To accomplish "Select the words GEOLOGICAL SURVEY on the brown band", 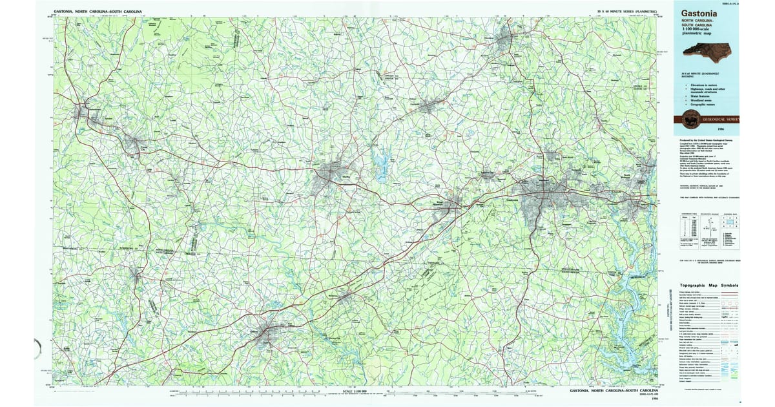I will pyautogui.click(x=723, y=120).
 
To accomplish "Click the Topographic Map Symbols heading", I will pyautogui.click(x=708, y=285).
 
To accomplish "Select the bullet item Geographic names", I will pyautogui.click(x=702, y=105).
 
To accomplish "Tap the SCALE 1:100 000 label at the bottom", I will pyautogui.click(x=355, y=391).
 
